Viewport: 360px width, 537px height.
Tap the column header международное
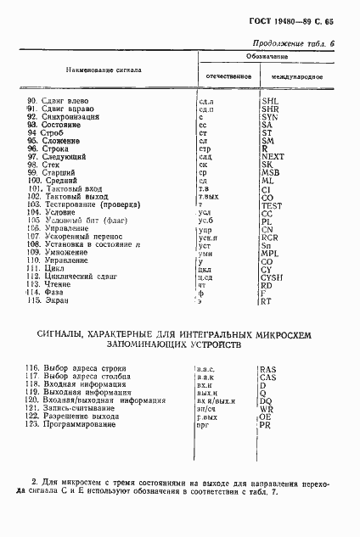tap(296, 77)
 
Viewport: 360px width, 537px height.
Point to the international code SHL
tap(271, 101)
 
